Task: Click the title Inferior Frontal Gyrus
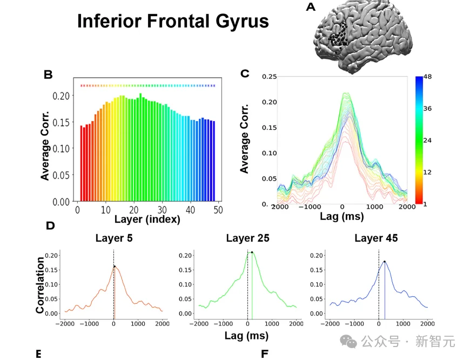172,21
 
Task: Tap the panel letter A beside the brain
310,7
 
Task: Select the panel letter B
48,75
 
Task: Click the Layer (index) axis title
147,220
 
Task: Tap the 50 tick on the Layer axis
218,210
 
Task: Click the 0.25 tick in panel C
269,76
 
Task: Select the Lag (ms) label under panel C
341,217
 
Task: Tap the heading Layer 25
247,238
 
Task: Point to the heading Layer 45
376,238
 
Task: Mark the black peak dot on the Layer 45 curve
384,262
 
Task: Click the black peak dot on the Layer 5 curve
115,266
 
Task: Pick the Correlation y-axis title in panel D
40,285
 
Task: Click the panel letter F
265,355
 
